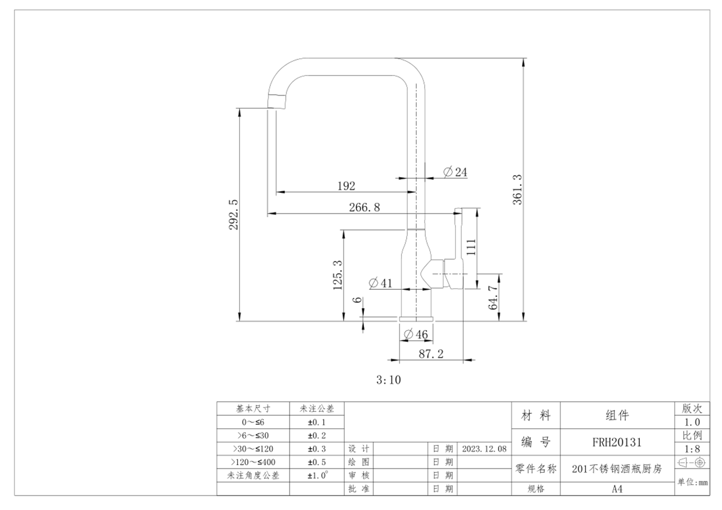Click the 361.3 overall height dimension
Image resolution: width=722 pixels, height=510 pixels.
pos(517,190)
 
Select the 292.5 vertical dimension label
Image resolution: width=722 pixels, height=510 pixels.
pos(234,214)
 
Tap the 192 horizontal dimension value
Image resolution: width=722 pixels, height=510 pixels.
pos(346,186)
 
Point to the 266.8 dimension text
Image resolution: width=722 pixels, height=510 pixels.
pos(365,207)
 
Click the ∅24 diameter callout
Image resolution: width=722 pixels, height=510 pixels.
pos(455,172)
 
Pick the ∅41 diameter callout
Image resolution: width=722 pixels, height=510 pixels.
pos(381,283)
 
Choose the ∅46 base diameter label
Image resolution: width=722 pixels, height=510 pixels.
pos(416,334)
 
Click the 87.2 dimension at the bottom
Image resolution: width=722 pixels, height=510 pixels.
pos(431,354)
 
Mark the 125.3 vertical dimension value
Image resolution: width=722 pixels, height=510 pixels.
pos(338,275)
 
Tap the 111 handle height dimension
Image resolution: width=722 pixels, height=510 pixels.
pos(471,247)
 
